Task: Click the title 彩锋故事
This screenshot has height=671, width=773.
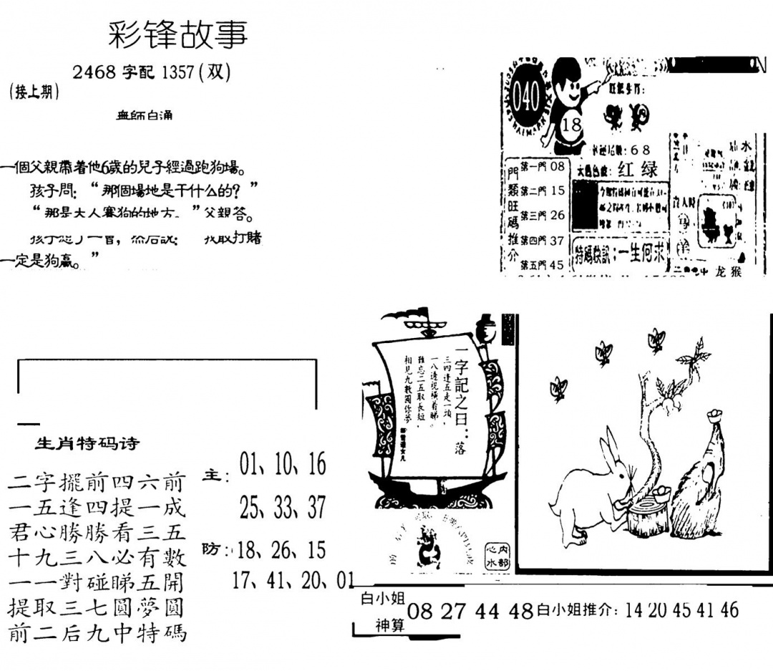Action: click(178, 34)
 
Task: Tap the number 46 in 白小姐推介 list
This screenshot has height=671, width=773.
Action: click(729, 610)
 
